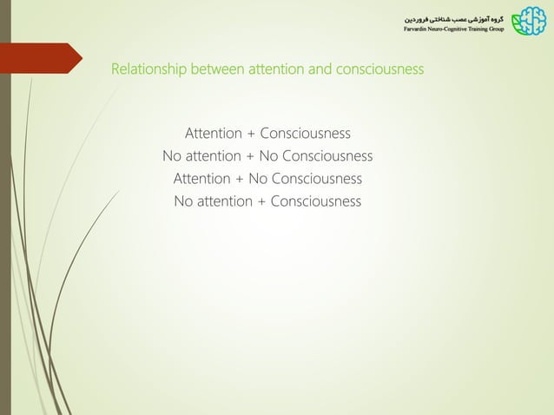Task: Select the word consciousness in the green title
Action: pos(377,69)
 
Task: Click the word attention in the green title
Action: pos(276,69)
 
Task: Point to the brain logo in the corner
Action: pos(530,23)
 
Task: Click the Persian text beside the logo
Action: pos(452,17)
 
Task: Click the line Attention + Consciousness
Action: pos(267,134)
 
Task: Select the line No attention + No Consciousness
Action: pos(267,156)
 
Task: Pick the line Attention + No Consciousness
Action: pos(267,179)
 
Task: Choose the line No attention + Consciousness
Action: pos(267,201)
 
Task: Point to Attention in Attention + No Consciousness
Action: pos(202,179)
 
